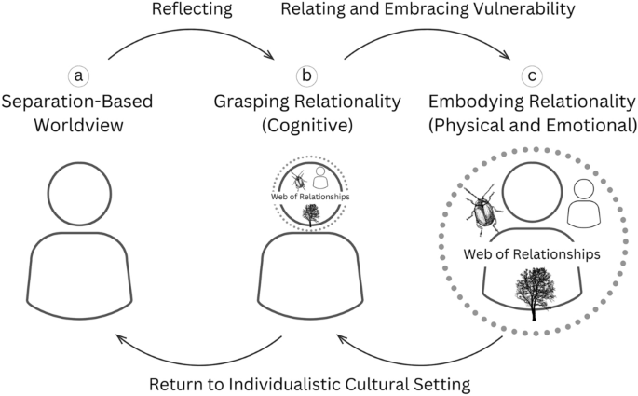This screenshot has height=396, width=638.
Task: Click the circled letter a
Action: (79, 75)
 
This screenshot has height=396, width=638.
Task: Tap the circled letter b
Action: (305, 75)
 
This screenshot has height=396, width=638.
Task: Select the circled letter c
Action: (532, 75)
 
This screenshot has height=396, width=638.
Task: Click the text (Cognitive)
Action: (305, 123)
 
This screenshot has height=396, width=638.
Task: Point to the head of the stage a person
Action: (79, 193)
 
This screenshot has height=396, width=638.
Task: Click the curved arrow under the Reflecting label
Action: (192, 38)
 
